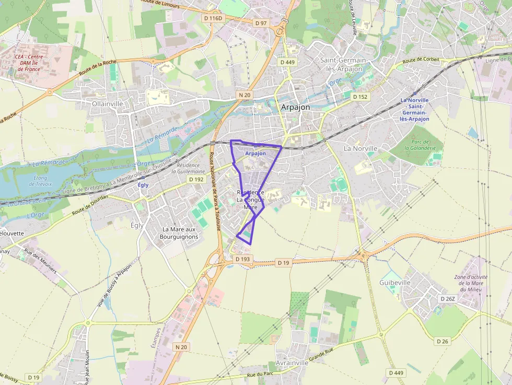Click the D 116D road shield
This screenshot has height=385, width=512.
coord(213,18)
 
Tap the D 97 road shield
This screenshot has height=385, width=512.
coord(261,23)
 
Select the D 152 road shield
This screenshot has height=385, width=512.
coord(360,97)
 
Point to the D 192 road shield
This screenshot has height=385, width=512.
coord(196,179)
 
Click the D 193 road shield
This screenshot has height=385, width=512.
coord(242,259)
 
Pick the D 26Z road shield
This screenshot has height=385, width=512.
coord(448,299)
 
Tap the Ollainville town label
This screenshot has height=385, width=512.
coord(108,104)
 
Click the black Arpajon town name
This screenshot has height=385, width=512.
coord(295,107)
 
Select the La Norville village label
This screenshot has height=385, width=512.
coord(360,148)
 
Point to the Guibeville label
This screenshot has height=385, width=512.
coord(395,283)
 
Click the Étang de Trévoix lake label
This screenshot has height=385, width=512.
coord(40,181)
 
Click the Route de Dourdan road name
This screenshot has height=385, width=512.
coord(90,205)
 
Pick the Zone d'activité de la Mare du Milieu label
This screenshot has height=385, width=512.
coord(472,283)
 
